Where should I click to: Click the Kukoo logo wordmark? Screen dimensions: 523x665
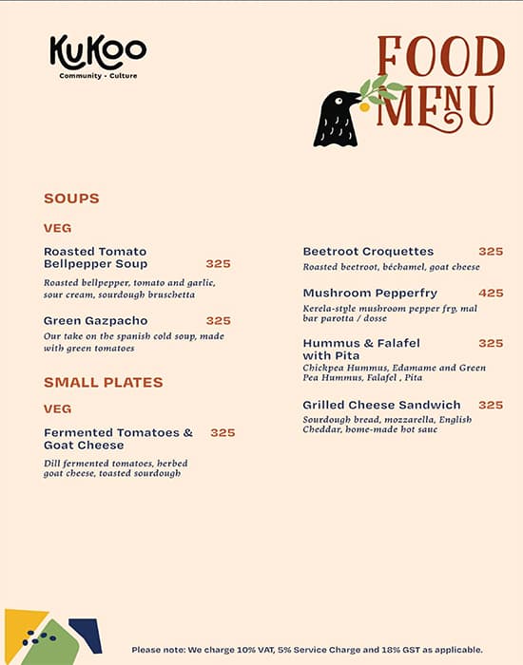click(98, 52)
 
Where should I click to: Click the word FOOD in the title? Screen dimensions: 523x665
click(440, 58)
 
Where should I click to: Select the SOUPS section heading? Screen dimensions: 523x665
click(71, 199)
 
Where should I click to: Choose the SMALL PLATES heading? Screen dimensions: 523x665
click(104, 382)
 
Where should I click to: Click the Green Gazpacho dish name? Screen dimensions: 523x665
click(96, 321)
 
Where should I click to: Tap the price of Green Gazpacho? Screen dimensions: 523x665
click(218, 321)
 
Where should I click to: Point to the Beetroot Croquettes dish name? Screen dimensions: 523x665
click(368, 252)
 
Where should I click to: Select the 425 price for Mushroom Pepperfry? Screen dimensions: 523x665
click(491, 293)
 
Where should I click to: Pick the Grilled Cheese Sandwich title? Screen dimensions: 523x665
click(381, 405)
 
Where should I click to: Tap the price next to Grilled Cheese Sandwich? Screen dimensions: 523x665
click(491, 405)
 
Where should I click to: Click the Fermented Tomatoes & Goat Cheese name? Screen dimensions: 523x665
click(118, 439)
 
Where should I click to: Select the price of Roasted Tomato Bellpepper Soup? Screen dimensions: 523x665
click(218, 263)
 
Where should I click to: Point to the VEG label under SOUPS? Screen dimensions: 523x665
click(57, 228)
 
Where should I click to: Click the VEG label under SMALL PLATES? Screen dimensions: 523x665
click(57, 408)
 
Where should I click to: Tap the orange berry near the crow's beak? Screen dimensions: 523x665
click(364, 106)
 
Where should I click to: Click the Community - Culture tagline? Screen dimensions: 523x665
click(98, 76)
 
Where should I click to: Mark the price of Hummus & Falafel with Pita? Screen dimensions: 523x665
click(491, 343)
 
